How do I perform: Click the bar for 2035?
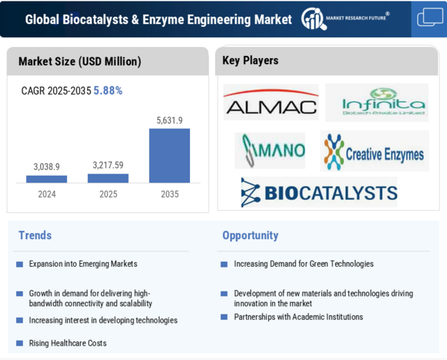click(169, 156)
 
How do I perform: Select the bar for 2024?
click(46, 179)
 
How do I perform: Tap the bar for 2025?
click(108, 178)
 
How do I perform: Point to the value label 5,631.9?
click(169, 121)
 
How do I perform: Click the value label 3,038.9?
click(46, 167)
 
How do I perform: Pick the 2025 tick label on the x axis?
click(108, 195)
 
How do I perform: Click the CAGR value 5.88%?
click(108, 91)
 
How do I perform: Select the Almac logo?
click(271, 102)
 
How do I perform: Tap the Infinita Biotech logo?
click(377, 102)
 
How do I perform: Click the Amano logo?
click(270, 151)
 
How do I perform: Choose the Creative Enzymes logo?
click(374, 151)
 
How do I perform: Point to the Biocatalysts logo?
click(319, 192)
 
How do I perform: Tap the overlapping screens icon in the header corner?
click(430, 17)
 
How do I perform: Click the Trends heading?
click(35, 236)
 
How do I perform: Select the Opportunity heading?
click(250, 236)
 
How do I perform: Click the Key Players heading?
click(250, 60)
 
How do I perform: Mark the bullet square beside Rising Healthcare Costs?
click(19, 343)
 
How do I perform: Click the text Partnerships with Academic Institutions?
click(299, 317)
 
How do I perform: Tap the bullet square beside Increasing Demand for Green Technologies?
click(224, 265)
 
